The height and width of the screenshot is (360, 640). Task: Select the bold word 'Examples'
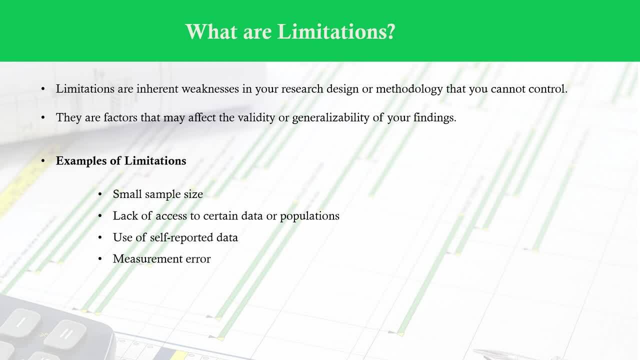81,161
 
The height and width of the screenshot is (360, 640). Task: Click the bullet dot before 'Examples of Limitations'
43,161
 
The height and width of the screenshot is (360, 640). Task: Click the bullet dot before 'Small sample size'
100,194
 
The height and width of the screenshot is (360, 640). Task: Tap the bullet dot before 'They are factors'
43,117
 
